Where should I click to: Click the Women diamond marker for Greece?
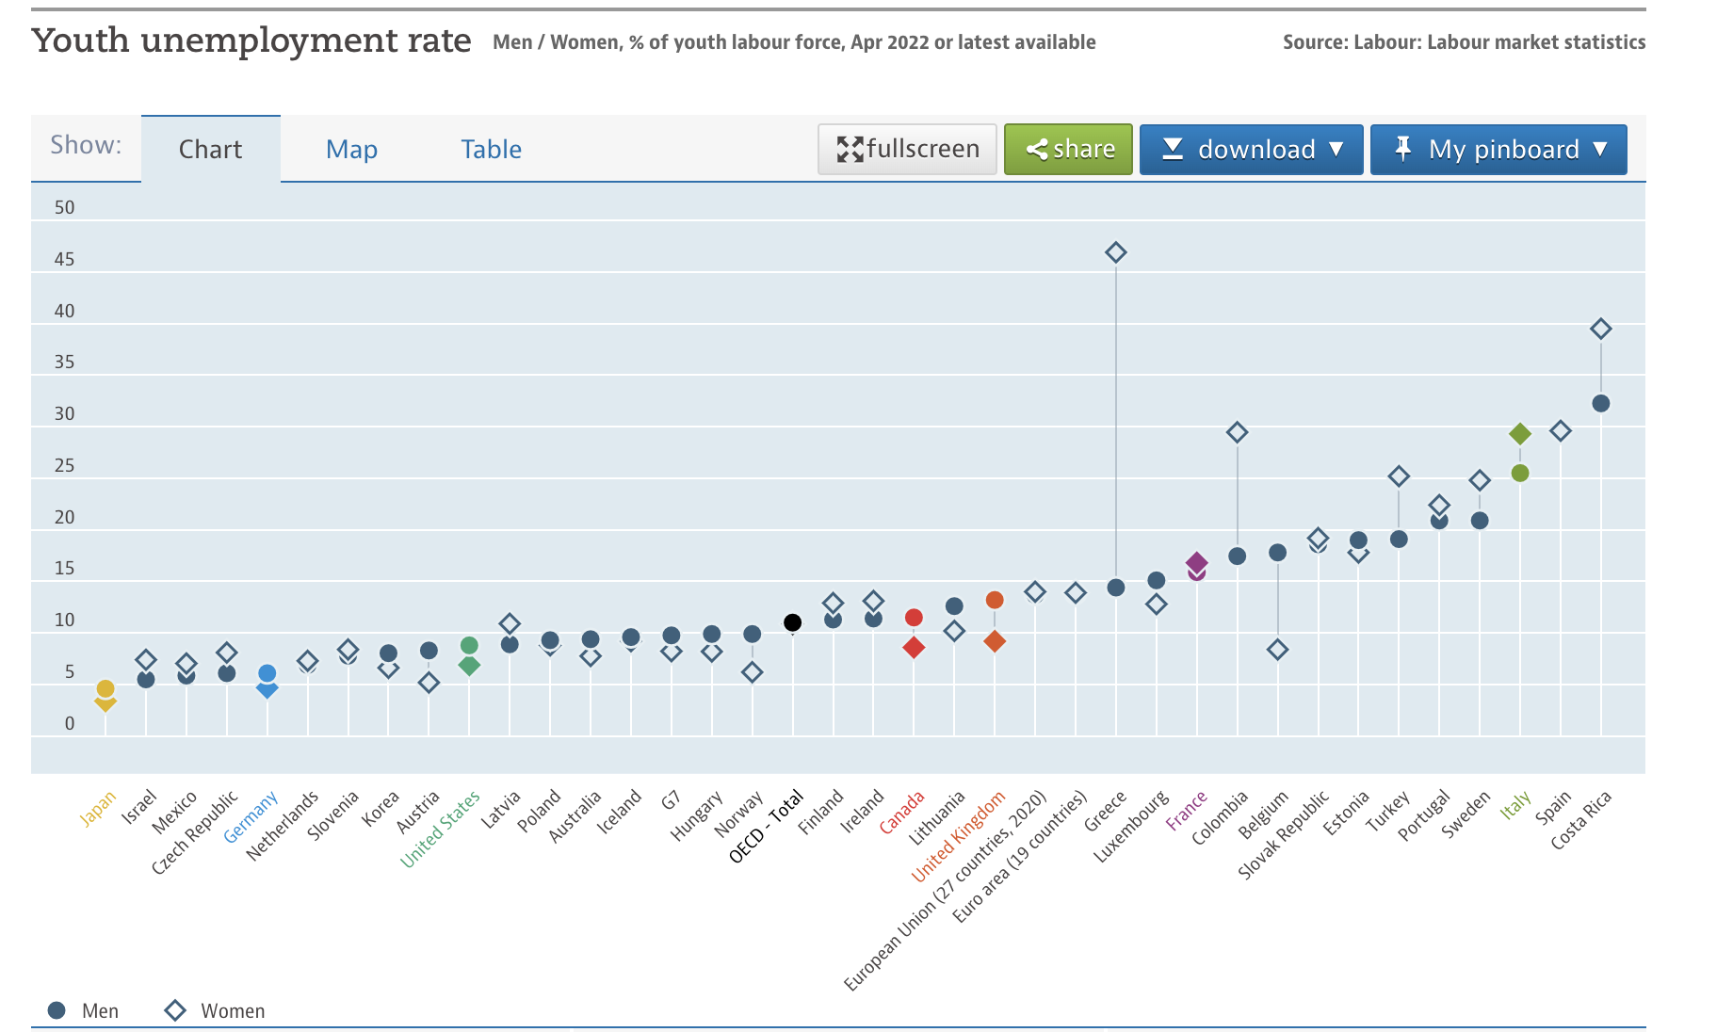pos(1116,252)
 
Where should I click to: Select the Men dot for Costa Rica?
pos(1601,403)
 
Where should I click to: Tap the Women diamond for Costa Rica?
pos(1601,329)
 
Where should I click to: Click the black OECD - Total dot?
pos(793,622)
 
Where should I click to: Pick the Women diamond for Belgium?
pos(1278,650)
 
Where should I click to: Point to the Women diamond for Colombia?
pos(1238,432)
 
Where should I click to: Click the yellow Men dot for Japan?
pos(105,689)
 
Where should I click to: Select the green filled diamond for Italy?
pos(1520,434)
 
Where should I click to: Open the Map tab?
pos(351,149)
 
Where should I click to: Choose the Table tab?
pos(491,149)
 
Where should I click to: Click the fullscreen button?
pos(907,149)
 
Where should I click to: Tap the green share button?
pos(1068,149)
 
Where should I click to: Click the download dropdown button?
pos(1252,149)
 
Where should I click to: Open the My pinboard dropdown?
pos(1498,149)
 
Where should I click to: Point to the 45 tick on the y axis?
pos(64,259)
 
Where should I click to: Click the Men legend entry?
pos(83,1010)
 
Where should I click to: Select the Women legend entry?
pos(215,1010)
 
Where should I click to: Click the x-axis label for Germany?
pos(251,816)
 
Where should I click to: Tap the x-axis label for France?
pos(1186,811)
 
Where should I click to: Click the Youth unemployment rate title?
pos(251,40)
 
